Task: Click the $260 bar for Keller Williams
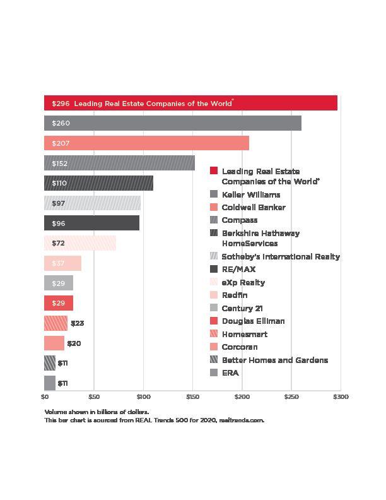tap(172, 123)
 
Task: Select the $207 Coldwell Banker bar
tap(146, 143)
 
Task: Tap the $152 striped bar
tap(119, 164)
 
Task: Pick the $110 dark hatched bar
tap(98, 183)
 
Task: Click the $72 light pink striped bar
tap(80, 243)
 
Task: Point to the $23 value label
tap(77, 323)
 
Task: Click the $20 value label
tap(74, 343)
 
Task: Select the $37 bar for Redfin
tap(62, 263)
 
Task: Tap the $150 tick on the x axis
tap(192, 397)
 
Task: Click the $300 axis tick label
tap(340, 397)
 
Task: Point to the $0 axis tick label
tap(45, 397)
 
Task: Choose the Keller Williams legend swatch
tap(214, 194)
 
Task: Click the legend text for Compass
tap(239, 220)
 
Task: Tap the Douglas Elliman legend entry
tap(253, 321)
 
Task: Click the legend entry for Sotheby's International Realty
tap(280, 257)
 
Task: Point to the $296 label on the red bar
tap(61, 103)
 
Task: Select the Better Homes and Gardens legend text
tap(274, 360)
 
